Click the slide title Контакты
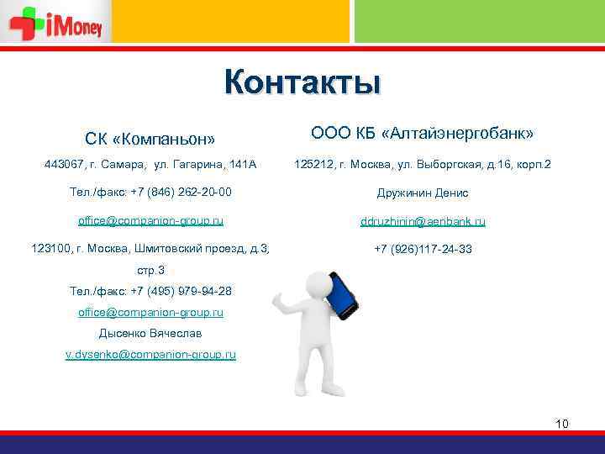pos(302,83)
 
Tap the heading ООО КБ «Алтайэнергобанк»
pos(423,133)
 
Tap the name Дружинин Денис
pos(423,193)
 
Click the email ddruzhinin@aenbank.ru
pos(423,221)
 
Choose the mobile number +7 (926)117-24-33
pos(423,249)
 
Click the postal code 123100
pos(51,249)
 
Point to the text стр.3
pos(150,270)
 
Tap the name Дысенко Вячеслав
pos(150,333)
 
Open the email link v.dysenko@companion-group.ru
pos(150,355)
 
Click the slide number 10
pos(562,423)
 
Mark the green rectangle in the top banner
pos(479,21)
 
